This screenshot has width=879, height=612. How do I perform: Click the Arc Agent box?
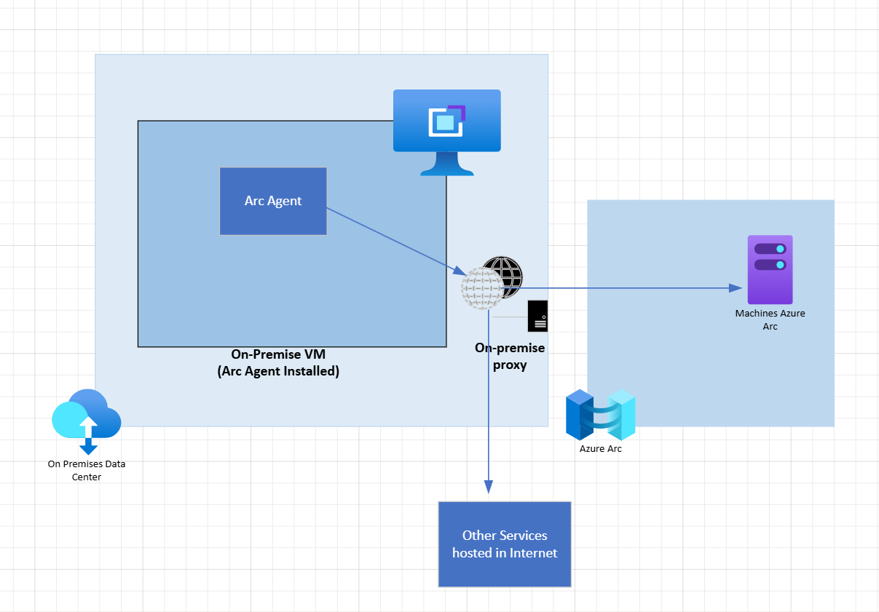273,201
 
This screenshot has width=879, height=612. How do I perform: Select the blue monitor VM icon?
446,124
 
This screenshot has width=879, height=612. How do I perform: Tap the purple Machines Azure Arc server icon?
770,269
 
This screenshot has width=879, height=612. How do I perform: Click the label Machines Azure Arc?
770,319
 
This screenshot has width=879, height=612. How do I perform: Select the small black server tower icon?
537,316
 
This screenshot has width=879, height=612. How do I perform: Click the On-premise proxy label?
510,356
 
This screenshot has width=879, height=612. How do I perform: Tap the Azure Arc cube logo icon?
601,415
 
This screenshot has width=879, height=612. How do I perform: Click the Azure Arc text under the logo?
601,449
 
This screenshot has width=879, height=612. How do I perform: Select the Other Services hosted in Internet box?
504,544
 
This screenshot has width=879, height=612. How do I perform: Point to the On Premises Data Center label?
86,470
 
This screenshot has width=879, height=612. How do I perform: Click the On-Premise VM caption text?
278,354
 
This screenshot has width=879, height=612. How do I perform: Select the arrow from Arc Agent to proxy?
393,241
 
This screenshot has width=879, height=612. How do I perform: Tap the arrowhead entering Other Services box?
489,487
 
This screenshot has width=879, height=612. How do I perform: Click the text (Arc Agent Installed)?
278,371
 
